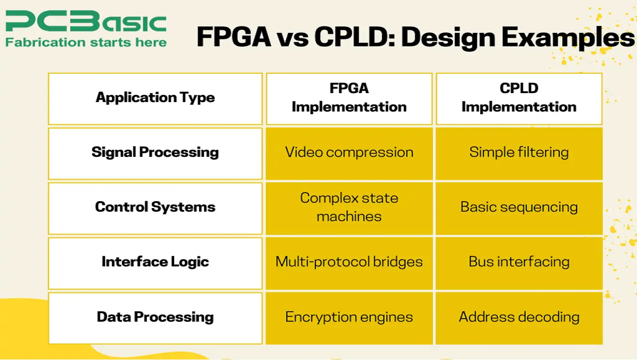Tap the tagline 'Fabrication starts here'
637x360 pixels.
pos(86,42)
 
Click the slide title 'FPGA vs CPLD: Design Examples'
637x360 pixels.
pos(416,38)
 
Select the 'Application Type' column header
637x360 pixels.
pos(155,98)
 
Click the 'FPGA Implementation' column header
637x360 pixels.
pos(349,98)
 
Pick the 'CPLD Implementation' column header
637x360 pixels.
pos(519,98)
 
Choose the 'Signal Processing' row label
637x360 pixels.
pos(155,152)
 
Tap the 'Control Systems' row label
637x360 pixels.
pos(155,207)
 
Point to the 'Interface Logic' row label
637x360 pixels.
pos(155,262)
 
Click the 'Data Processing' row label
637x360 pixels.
pos(155,317)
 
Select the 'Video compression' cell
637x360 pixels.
pos(349,152)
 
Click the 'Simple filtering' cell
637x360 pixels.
pos(519,152)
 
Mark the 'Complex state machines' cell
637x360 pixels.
pos(349,207)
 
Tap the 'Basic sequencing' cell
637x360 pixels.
pos(519,207)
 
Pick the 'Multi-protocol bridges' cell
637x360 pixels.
pos(349,262)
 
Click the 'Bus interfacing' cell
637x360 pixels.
pos(519,262)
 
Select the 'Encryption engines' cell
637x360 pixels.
pos(349,317)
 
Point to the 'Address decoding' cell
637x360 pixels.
pos(519,317)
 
